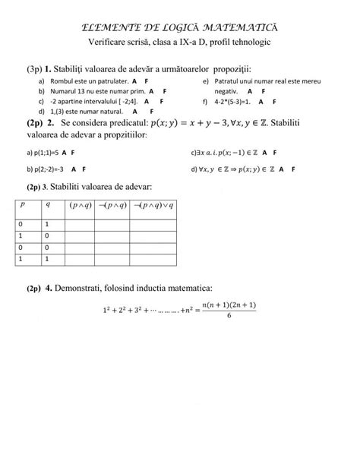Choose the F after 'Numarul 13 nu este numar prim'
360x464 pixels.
[x=163, y=89]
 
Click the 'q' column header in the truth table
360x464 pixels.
[x=49, y=204]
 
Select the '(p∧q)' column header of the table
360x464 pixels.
[x=80, y=204]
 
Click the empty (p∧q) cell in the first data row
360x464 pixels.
[x=80, y=224]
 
